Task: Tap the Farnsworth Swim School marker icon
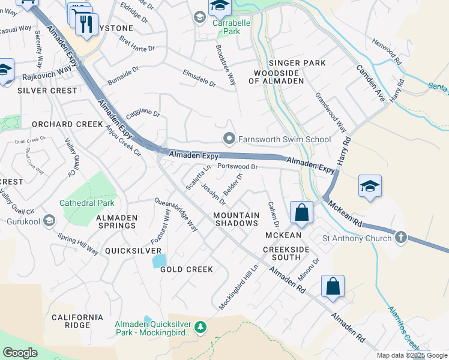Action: tap(228, 139)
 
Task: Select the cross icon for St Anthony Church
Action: tap(400, 238)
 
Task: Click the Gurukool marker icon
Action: tap(48, 220)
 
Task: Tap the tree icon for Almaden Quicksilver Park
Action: tap(201, 328)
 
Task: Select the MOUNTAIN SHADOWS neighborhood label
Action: tap(237, 219)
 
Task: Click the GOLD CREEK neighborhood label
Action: tap(187, 269)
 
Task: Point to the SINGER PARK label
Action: tap(297, 63)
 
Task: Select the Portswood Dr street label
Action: tap(237, 167)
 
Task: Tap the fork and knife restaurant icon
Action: tap(87, 25)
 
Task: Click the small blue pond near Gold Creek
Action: tap(159, 261)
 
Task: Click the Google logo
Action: tap(20, 353)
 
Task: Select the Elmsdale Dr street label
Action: tap(199, 78)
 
